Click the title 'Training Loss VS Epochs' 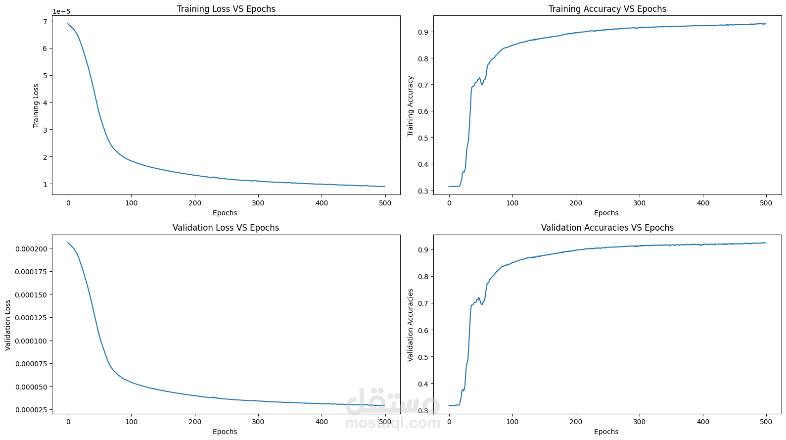click(x=226, y=9)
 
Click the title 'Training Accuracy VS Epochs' click(x=607, y=9)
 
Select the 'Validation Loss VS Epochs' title click(x=226, y=228)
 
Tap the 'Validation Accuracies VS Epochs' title click(x=607, y=228)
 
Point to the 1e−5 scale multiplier click(x=61, y=12)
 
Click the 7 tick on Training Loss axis click(x=45, y=21)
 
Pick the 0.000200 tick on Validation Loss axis click(x=32, y=249)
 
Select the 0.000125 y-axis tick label click(x=32, y=318)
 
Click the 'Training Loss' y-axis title click(x=36, y=106)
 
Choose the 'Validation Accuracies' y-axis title click(x=410, y=325)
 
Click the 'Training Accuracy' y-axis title click(x=410, y=106)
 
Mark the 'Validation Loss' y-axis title click(x=8, y=325)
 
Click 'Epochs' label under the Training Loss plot click(x=225, y=213)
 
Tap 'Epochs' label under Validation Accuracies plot click(x=606, y=432)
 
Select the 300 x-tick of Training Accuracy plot click(x=639, y=203)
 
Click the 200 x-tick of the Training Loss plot click(x=195, y=203)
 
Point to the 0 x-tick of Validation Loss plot click(x=68, y=422)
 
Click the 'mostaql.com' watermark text click(x=393, y=423)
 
